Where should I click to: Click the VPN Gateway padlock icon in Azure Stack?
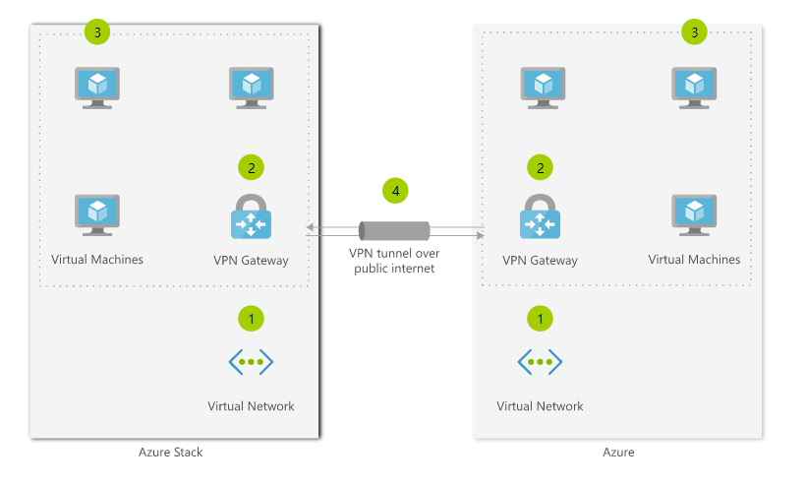[x=251, y=217]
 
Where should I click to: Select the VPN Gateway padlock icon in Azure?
[x=540, y=217]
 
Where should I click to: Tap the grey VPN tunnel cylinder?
[x=395, y=230]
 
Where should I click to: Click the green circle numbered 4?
[x=395, y=190]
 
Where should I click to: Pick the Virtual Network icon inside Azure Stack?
[x=251, y=362]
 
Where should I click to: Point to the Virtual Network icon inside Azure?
[x=540, y=362]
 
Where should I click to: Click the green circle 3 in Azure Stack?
[x=97, y=31]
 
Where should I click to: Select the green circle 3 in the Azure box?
[x=695, y=32]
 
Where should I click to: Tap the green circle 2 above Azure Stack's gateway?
[x=251, y=167]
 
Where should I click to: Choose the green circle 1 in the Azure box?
[x=540, y=318]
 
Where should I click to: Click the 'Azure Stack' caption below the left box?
[x=171, y=453]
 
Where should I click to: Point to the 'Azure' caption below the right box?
[x=618, y=453]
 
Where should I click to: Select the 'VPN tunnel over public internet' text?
[x=394, y=261]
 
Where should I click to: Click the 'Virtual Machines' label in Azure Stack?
[x=97, y=260]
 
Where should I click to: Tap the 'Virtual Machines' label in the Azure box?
[x=694, y=260]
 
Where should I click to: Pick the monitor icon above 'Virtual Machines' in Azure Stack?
[x=97, y=214]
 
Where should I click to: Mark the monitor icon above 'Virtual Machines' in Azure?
[x=694, y=214]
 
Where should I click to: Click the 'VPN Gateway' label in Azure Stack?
[x=251, y=261]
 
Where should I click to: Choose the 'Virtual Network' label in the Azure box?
[x=540, y=405]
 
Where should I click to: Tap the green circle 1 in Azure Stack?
[x=251, y=318]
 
